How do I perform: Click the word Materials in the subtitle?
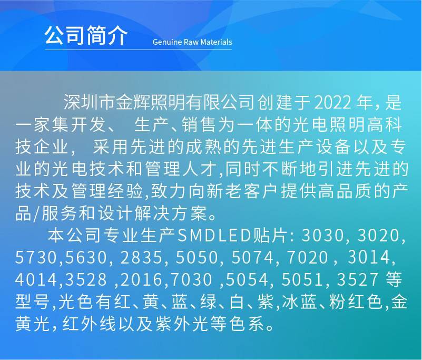tap(214, 42)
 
